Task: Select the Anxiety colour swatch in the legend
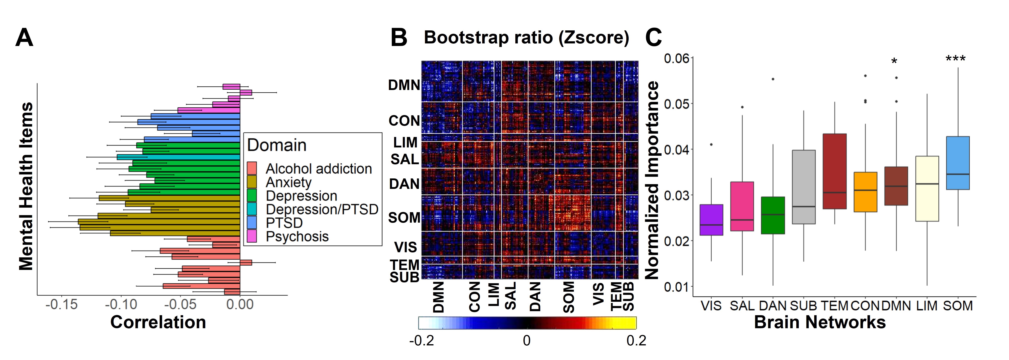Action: click(252, 182)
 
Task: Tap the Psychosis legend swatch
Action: click(252, 236)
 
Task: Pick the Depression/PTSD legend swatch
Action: click(252, 209)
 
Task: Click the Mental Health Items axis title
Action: click(26, 187)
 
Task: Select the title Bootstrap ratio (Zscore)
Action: click(526, 38)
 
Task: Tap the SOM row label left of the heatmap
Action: click(404, 217)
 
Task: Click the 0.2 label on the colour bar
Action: click(636, 340)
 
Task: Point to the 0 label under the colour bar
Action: click(527, 340)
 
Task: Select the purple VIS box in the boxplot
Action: click(711, 220)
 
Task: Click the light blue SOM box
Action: click(958, 163)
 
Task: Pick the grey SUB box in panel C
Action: click(804, 187)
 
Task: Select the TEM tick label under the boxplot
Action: click(834, 306)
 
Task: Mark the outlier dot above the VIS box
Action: click(711, 144)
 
